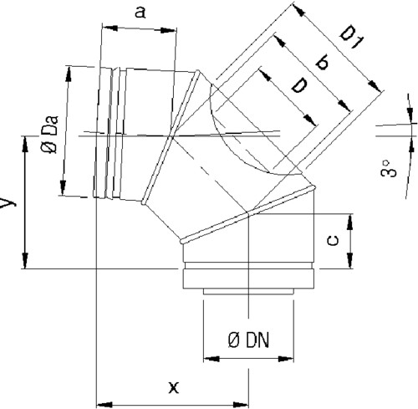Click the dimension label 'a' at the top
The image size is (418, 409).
pyautogui.click(x=140, y=13)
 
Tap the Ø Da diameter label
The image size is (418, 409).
pyautogui.click(x=50, y=134)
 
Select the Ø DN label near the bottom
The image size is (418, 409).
pyautogui.click(x=249, y=340)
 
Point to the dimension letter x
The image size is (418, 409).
pyautogui.click(x=174, y=387)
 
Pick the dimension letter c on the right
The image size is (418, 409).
pyautogui.click(x=333, y=241)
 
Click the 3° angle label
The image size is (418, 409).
pyautogui.click(x=389, y=168)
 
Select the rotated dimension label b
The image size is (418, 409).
pyautogui.click(x=323, y=62)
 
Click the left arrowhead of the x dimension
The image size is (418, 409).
pyautogui.click(x=104, y=404)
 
